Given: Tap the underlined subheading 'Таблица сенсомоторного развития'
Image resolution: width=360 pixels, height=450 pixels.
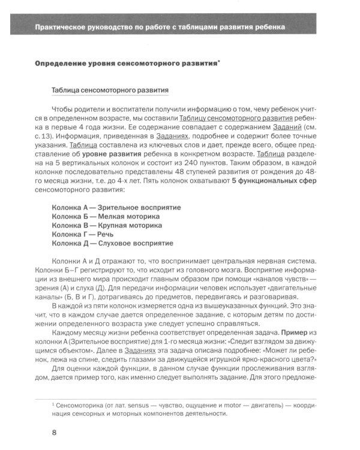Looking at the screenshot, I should tap(110, 90).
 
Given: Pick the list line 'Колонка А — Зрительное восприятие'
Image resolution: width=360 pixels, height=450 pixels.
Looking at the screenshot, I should tap(116, 207).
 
